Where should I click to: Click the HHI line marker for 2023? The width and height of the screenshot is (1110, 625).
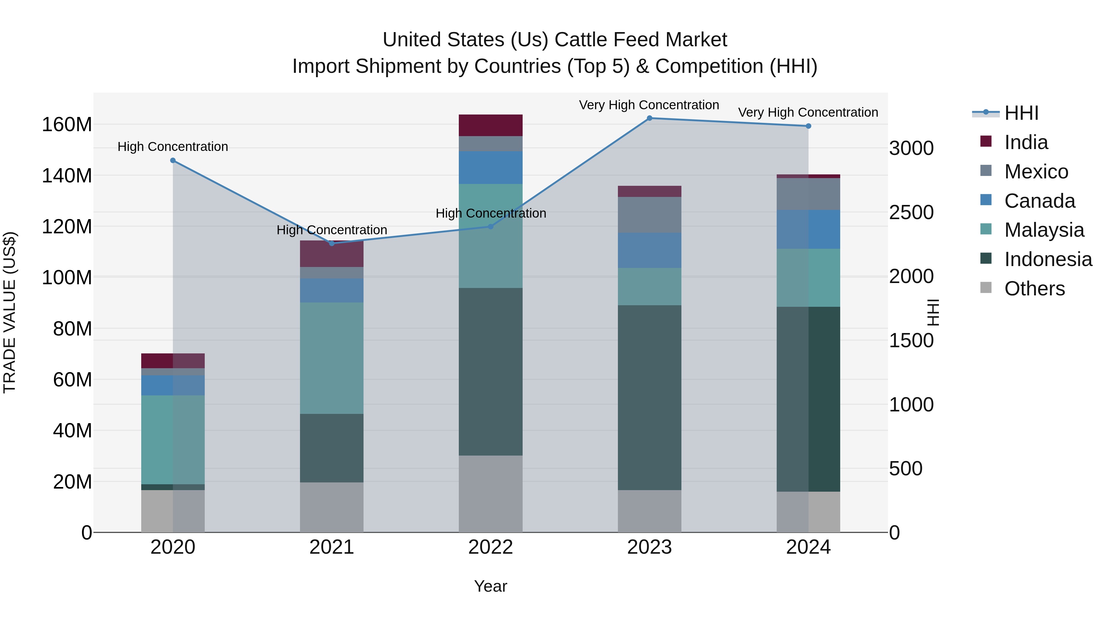pos(649,118)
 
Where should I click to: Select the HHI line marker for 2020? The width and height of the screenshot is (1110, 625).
pos(173,160)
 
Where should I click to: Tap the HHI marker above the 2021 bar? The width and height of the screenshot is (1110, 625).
pos(331,243)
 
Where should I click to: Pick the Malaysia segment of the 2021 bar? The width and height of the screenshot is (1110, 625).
pos(331,358)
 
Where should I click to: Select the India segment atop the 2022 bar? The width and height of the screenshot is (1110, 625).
pos(490,125)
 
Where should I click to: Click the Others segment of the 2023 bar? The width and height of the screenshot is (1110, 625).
pos(649,511)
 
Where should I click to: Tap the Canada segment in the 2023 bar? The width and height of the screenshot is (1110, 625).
pos(649,250)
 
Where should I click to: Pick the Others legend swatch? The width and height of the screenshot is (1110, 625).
pos(986,288)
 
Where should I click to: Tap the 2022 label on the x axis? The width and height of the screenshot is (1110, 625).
pos(490,547)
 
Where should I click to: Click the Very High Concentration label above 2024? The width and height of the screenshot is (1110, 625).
pos(808,112)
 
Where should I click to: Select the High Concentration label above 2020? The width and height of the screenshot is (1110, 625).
pos(173,147)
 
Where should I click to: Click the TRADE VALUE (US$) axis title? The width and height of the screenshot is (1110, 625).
pos(10,312)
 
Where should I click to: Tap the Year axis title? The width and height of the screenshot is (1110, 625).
pos(490,586)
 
